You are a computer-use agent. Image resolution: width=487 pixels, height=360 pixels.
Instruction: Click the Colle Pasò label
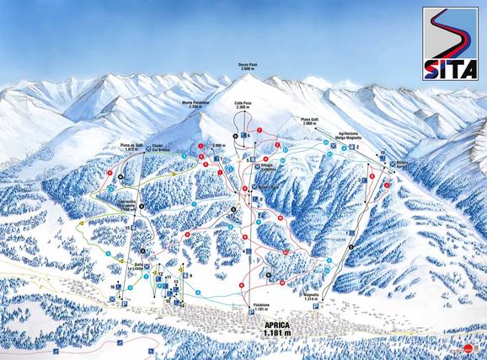click(243, 105)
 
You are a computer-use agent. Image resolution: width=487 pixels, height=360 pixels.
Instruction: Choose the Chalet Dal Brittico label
click(163, 149)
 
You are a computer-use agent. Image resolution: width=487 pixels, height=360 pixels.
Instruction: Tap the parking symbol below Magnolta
click(317, 308)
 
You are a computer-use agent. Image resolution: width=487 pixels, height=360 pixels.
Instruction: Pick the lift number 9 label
click(191, 276)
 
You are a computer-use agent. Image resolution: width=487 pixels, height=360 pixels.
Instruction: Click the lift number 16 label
click(112, 287)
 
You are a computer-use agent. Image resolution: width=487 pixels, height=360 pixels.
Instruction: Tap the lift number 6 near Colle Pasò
click(248, 134)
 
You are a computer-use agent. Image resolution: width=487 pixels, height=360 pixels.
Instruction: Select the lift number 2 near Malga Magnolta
click(358, 147)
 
